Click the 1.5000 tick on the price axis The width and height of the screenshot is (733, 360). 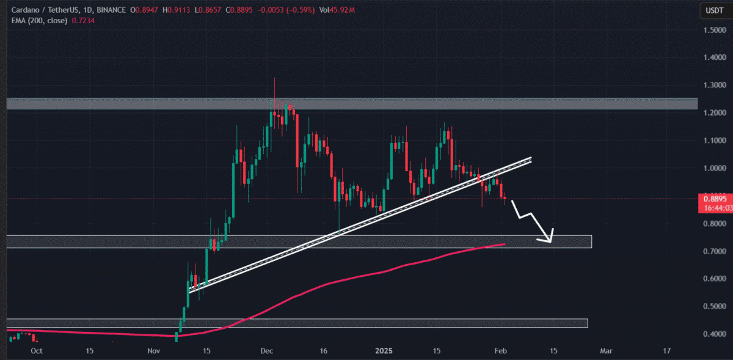pyautogui.click(x=715, y=31)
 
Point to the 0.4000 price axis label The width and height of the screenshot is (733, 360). pyautogui.click(x=715, y=334)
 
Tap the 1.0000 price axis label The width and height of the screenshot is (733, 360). pyautogui.click(x=715, y=168)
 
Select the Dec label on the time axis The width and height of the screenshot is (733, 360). pyautogui.click(x=266, y=351)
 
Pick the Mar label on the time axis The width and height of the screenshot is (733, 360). pyautogui.click(x=605, y=351)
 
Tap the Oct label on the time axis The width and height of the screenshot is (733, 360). pyautogui.click(x=36, y=351)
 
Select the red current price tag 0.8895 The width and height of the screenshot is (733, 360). pyautogui.click(x=714, y=199)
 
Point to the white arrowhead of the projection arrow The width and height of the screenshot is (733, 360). pyautogui.click(x=551, y=238)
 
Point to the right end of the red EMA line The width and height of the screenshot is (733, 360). pyautogui.click(x=505, y=244)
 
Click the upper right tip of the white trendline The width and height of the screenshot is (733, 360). pyautogui.click(x=530, y=159)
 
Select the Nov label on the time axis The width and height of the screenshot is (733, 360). pyautogui.click(x=154, y=351)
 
